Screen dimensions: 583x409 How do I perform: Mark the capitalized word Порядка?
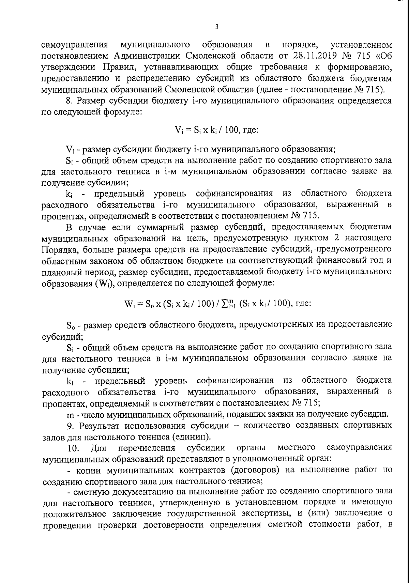pos(59,250)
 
